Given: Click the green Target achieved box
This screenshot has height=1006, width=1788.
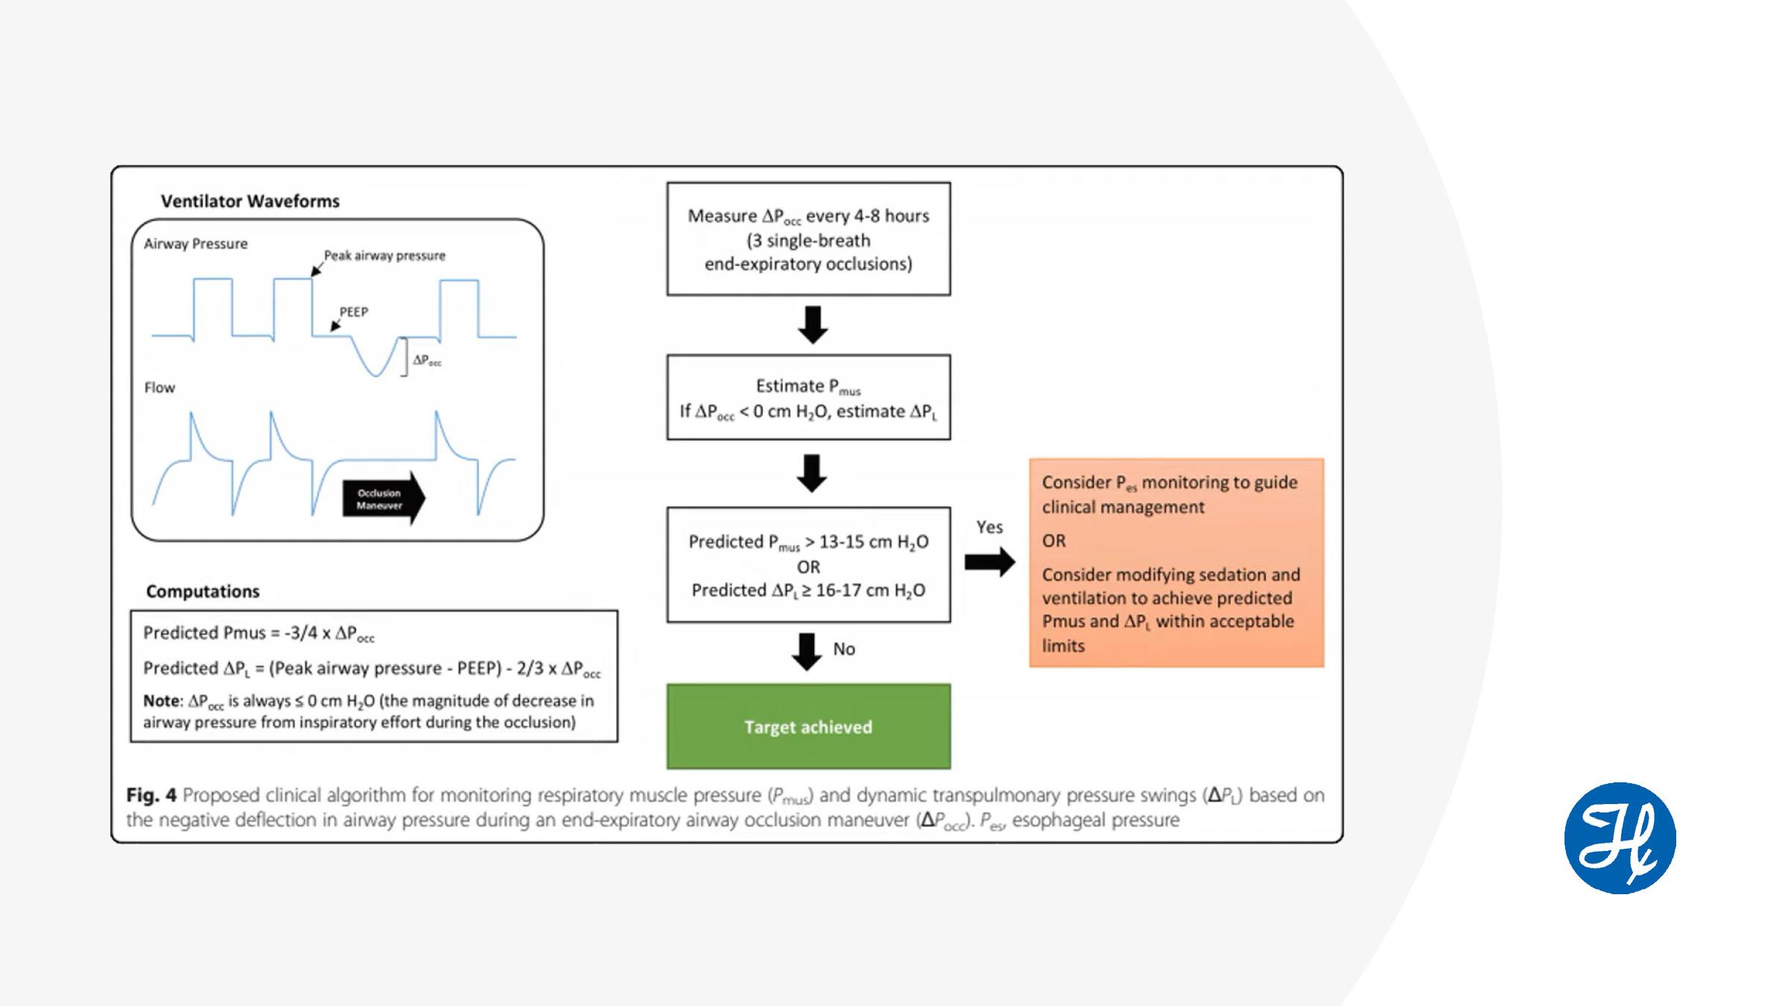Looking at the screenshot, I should [x=808, y=727].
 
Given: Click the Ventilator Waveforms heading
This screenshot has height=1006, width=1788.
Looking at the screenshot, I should [x=250, y=201].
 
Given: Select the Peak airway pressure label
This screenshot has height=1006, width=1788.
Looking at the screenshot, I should [x=384, y=256].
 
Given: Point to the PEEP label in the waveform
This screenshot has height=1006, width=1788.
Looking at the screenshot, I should [x=354, y=311].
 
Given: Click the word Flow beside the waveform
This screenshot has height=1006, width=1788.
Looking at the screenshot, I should [x=159, y=387].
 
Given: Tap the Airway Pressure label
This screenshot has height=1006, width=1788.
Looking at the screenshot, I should [x=196, y=244].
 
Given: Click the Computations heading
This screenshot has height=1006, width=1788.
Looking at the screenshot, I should [x=203, y=591].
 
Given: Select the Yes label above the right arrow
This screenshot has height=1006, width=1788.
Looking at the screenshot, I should [x=989, y=527].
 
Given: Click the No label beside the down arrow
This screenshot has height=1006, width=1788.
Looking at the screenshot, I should [x=844, y=649].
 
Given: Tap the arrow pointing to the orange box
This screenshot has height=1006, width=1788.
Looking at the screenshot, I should [x=989, y=562].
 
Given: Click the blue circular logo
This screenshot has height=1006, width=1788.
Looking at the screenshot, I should [x=1620, y=838].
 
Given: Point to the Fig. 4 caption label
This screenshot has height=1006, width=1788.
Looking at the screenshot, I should [x=151, y=795].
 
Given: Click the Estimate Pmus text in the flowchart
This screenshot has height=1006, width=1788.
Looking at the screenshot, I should [x=808, y=386].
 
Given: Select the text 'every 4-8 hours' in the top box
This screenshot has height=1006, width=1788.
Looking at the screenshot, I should [x=868, y=216].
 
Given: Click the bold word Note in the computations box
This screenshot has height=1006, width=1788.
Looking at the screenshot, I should [x=162, y=700].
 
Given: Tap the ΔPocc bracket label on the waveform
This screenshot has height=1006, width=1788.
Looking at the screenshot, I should [x=427, y=360].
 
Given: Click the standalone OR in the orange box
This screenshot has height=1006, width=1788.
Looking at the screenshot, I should [x=1053, y=541].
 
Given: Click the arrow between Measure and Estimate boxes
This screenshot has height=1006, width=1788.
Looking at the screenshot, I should [x=813, y=324].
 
